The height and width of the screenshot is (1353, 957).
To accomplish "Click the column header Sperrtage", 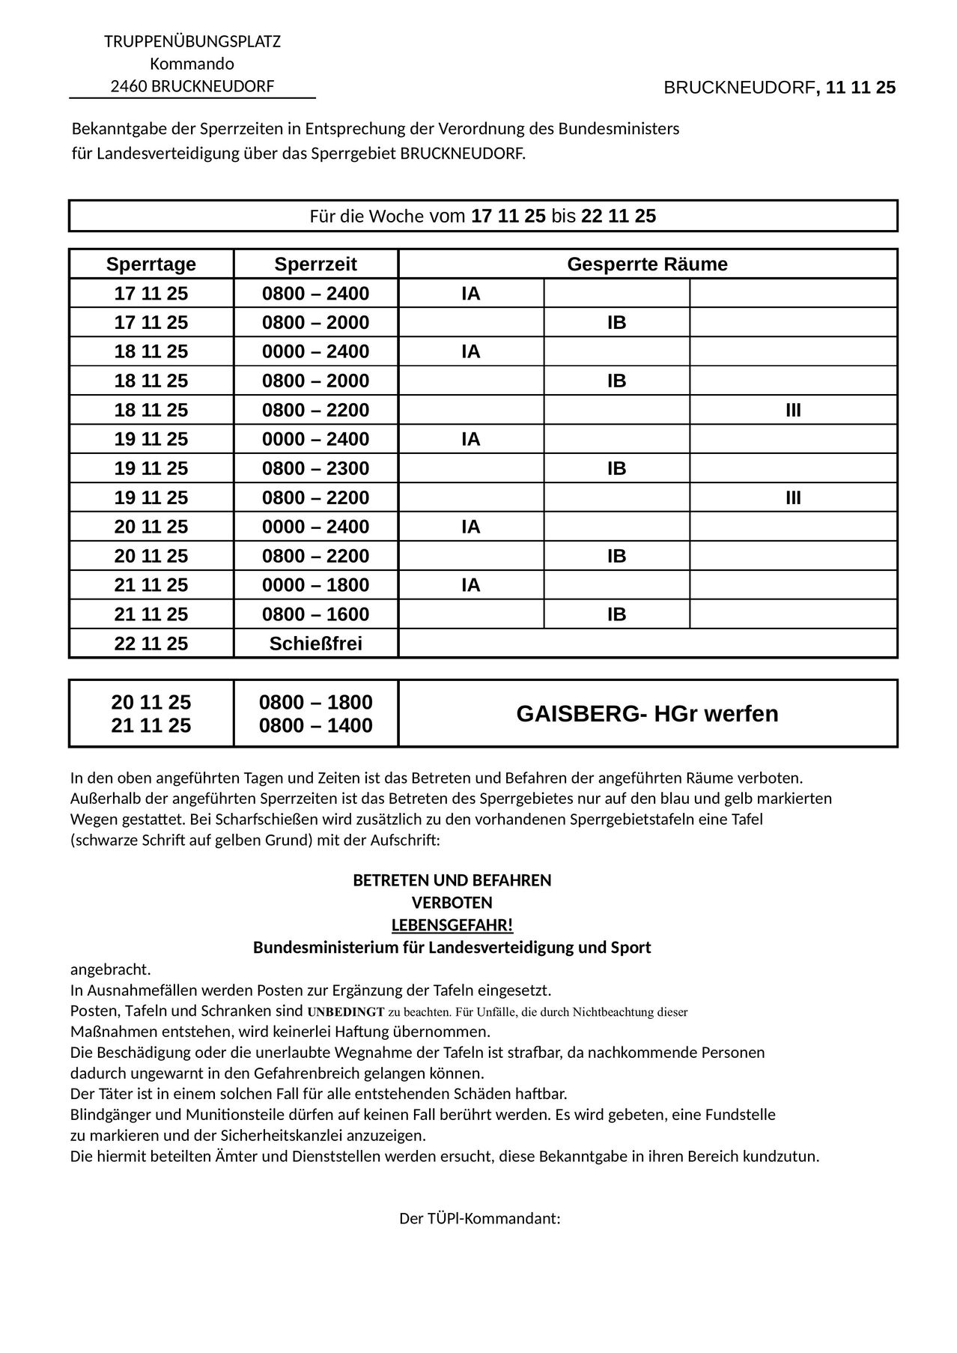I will pyautogui.click(x=151, y=264).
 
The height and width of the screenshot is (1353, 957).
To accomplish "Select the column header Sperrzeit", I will pyautogui.click(x=315, y=264).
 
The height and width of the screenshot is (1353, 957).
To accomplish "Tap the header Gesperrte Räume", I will pyautogui.click(x=647, y=264).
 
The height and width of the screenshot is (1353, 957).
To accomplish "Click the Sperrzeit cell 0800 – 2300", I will pyautogui.click(x=315, y=468).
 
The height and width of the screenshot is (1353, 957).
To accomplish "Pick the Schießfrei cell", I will pyautogui.click(x=315, y=644).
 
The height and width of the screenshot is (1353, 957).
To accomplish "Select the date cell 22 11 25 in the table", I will pyautogui.click(x=151, y=644).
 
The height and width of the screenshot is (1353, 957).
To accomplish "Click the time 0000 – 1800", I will pyautogui.click(x=315, y=585).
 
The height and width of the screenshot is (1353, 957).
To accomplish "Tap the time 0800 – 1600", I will pyautogui.click(x=315, y=614).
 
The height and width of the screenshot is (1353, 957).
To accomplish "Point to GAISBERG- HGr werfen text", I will pyautogui.click(x=647, y=713).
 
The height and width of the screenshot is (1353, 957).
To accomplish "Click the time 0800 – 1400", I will pyautogui.click(x=315, y=725).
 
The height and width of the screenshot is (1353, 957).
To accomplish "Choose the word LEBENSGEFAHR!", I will pyautogui.click(x=452, y=924).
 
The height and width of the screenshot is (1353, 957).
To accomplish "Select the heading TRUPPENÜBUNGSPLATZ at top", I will pyautogui.click(x=192, y=41).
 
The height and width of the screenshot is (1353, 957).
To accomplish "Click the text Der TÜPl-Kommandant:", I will pyautogui.click(x=479, y=1218).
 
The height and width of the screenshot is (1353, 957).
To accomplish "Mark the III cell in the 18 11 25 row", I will pyautogui.click(x=793, y=410).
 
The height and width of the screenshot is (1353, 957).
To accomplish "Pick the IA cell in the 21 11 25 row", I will pyautogui.click(x=470, y=585).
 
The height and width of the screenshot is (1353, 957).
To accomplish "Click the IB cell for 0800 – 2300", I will pyautogui.click(x=616, y=468).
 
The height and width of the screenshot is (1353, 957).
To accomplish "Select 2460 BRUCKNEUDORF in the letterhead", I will pyautogui.click(x=192, y=86).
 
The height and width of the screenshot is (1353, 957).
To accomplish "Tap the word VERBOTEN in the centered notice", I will pyautogui.click(x=452, y=902).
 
